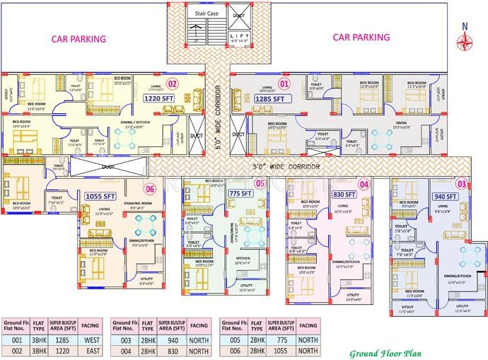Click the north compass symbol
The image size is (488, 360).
pyautogui.click(x=465, y=40)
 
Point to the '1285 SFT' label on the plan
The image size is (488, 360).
pyautogui.click(x=269, y=100)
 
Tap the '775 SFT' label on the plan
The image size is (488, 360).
pyautogui.click(x=241, y=192)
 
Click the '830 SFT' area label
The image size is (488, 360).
pyautogui.click(x=344, y=194)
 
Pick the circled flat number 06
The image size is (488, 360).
pyautogui.click(x=149, y=189)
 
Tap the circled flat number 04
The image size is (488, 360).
pyautogui.click(x=364, y=184)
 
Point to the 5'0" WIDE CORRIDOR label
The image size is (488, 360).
pyautogui.click(x=287, y=167)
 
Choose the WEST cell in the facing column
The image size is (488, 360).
pyautogui.click(x=89, y=339)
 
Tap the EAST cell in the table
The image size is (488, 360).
pyautogui.click(x=89, y=349)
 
